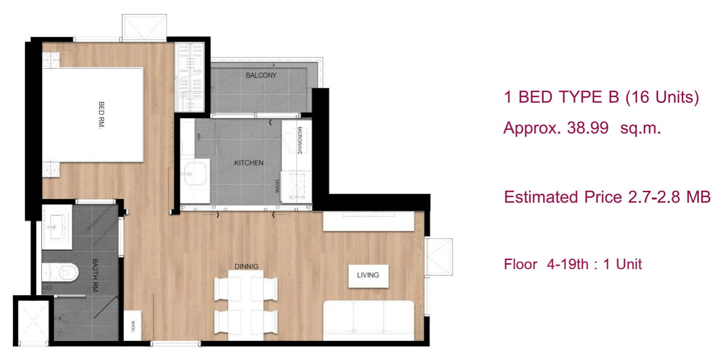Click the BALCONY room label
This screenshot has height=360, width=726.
click(x=261, y=75)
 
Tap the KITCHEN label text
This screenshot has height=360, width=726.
click(x=249, y=163)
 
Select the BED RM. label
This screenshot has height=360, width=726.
click(x=101, y=114)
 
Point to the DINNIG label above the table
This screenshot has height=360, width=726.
click(x=246, y=266)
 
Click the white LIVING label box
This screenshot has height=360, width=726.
click(x=368, y=275)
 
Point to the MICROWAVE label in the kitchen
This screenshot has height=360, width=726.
click(x=300, y=140)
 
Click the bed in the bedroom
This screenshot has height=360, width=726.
click(x=94, y=114)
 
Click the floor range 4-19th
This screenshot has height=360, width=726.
click(x=567, y=264)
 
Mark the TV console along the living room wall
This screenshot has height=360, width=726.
click(x=368, y=222)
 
